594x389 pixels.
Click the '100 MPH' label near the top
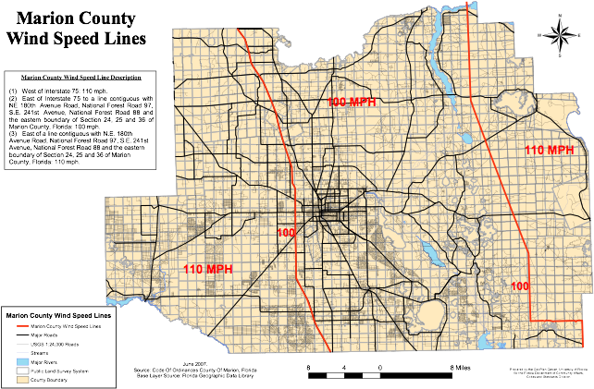352,102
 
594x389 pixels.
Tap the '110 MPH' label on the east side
550,150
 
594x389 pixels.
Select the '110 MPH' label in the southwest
207,269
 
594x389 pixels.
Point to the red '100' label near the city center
286,233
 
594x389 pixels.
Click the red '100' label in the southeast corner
520,286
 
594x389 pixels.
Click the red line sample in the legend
23,326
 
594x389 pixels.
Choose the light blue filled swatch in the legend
23,361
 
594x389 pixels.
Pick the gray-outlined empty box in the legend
23,371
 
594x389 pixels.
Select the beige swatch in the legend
23,379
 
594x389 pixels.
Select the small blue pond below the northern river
466,139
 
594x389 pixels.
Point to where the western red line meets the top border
238,29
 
